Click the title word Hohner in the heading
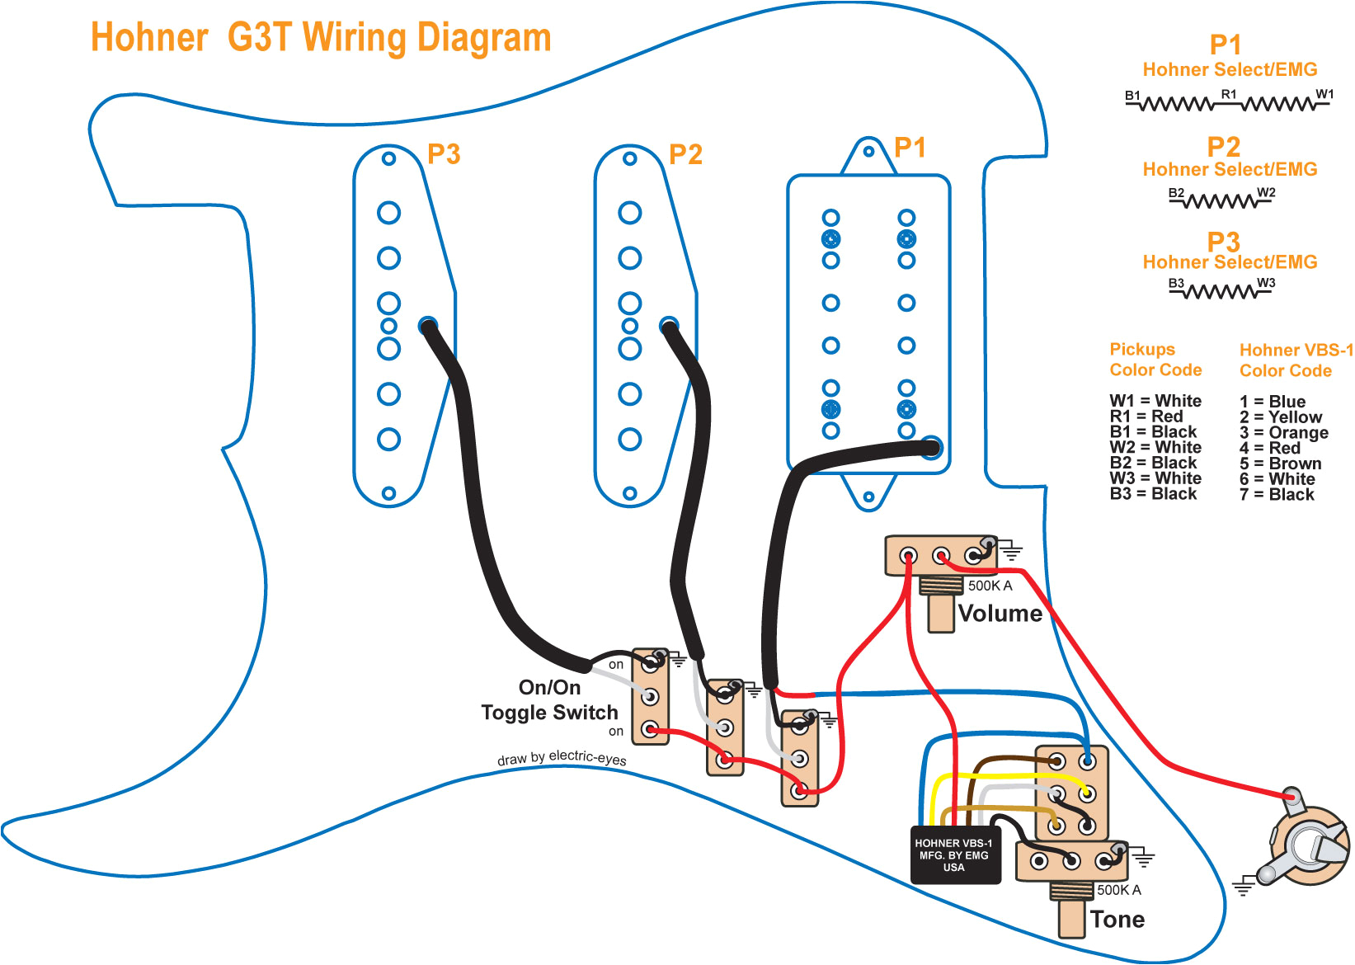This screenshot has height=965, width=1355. coord(149,39)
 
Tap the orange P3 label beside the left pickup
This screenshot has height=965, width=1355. coord(444,154)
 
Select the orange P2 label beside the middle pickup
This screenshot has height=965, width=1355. coord(685,155)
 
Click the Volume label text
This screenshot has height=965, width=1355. coord(1000,614)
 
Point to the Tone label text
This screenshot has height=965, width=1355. coord(1117,920)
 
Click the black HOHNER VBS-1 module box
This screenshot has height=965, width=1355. coord(954,855)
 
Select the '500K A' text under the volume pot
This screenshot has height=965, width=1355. coord(990,586)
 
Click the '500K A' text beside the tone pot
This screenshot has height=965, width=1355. coord(1119,890)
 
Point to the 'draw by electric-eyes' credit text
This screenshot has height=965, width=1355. coord(562,758)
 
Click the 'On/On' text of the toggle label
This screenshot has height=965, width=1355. coord(549,687)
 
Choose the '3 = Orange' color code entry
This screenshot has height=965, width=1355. coord(1283,433)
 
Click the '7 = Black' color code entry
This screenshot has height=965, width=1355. coord(1277,495)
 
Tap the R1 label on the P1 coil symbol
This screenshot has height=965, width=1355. coord(1229,94)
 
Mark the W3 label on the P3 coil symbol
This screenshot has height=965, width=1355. coord(1266,283)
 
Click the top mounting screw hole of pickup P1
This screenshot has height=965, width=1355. coord(868,152)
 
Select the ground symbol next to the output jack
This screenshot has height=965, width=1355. coord(1243,887)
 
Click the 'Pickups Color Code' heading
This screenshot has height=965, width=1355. coord(1155,360)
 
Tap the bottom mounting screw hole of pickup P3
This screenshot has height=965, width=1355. coord(389,494)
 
